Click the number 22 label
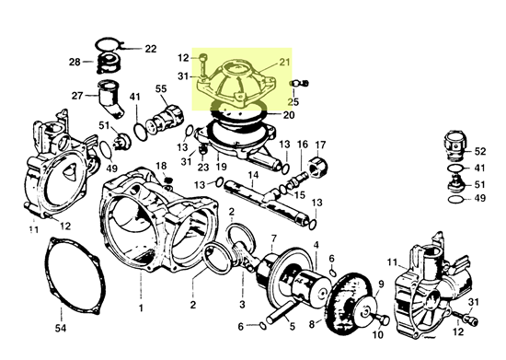coord(151,49)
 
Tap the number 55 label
coord(161,88)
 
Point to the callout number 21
coord(284,62)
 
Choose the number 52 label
coord(480,151)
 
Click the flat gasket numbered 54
coord(75,277)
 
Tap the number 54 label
coord(61,329)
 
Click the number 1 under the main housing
coord(141,308)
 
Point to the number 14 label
coord(253,175)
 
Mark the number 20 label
coord(289,115)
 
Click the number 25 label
coord(293,101)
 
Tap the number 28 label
coord(75,62)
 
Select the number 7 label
coord(273,238)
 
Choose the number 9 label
coord(381,285)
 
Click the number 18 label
coord(161,166)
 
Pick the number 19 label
coord(221,167)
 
